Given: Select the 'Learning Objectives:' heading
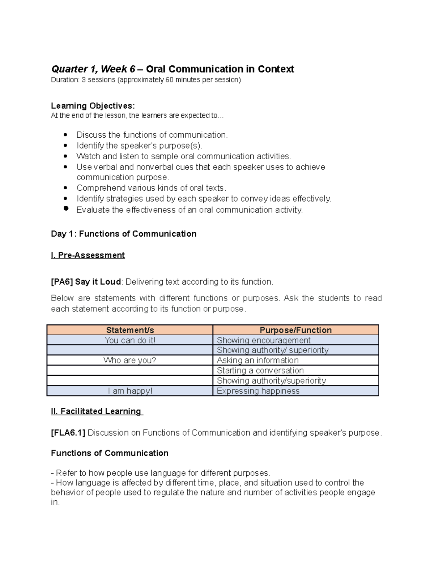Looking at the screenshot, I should coord(93,106).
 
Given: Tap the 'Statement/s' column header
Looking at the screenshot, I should coord(130,330).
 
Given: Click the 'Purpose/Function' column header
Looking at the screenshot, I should coord(295,330).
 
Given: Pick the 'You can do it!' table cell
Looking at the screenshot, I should coord(130,340).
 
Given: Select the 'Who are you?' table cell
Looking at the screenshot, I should coord(130,360).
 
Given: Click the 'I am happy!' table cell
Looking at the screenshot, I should coord(130,391).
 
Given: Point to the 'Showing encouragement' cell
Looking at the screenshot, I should coord(263,340).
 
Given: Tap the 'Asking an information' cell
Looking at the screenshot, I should coord(258,360).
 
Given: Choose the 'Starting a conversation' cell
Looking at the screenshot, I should coord(260,370).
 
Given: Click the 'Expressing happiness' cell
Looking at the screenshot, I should coord(258,391).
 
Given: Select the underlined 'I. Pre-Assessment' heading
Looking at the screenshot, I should coord(88,255).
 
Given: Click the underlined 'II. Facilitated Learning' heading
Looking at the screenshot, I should coord(97,411).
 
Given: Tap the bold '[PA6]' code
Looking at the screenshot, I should coord(62,282).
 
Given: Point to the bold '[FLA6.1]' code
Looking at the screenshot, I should coord(68,433).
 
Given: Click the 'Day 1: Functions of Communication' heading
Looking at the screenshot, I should coord(124,234).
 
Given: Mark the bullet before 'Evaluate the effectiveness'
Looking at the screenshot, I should coord(65,208).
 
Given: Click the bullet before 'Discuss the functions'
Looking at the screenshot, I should coord(65,135).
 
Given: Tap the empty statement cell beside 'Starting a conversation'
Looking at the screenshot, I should coord(130,370).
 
